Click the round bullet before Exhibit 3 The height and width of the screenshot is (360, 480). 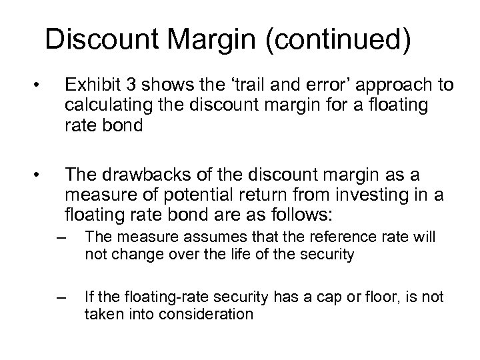click(41, 86)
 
